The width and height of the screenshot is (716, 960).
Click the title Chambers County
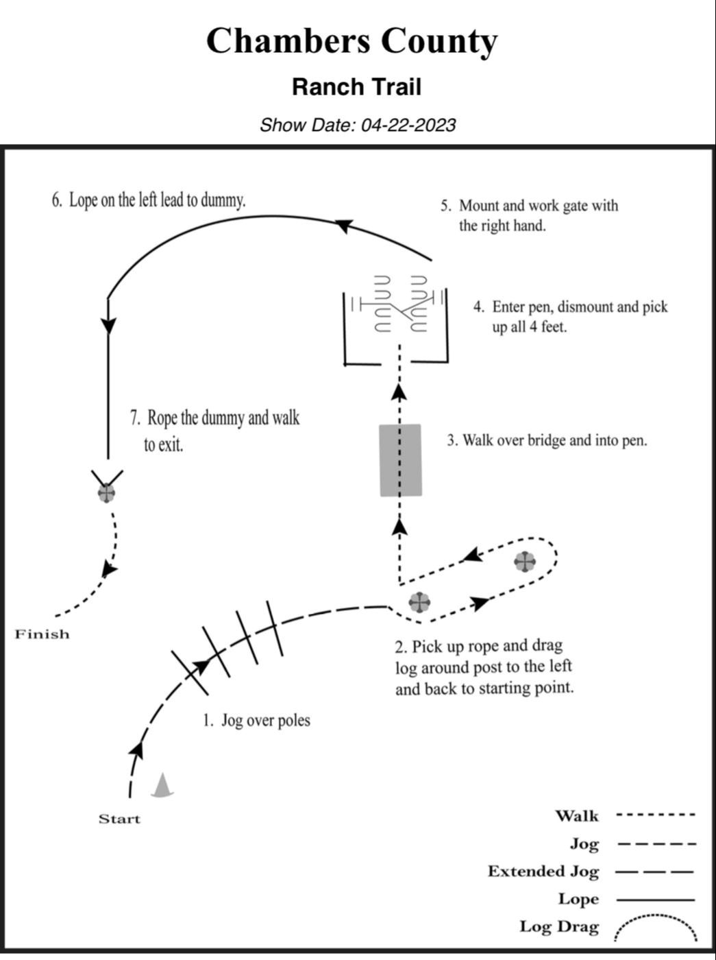click(351, 41)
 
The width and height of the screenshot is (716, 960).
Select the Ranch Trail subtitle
click(356, 87)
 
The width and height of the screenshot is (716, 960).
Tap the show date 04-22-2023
click(408, 125)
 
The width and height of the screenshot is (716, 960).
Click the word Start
click(119, 819)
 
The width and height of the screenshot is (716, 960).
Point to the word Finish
click(42, 634)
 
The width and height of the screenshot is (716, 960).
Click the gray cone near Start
click(162, 786)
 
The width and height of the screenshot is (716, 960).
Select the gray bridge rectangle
click(401, 459)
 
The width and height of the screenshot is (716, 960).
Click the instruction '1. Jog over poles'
click(256, 721)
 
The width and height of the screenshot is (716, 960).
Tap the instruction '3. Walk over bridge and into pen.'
click(547, 440)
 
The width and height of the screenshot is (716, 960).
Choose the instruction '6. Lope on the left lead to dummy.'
click(149, 200)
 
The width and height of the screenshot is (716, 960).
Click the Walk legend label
click(577, 816)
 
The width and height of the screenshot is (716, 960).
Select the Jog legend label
click(584, 844)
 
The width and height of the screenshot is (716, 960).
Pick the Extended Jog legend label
click(543, 872)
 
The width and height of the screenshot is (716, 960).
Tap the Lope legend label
click(578, 899)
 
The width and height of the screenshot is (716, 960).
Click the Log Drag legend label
click(559, 927)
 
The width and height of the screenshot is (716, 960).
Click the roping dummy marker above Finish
click(106, 492)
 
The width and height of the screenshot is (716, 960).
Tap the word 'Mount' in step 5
click(479, 206)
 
